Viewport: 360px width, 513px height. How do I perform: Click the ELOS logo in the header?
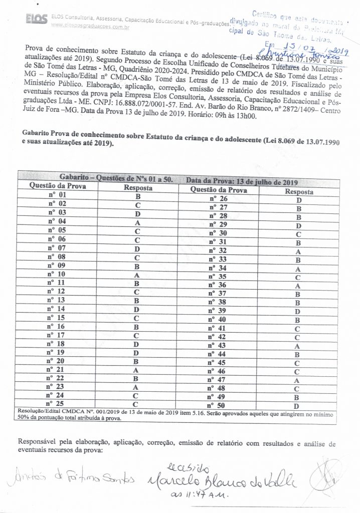[37, 19]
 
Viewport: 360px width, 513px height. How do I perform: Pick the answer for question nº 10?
[136, 275]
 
